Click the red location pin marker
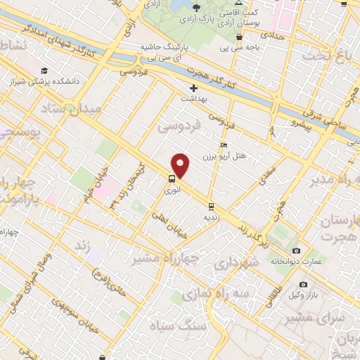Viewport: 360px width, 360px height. (181, 165)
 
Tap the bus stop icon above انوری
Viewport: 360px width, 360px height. (172, 179)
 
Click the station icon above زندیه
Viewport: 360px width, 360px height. (211, 206)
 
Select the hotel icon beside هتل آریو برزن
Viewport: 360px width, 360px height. (224, 145)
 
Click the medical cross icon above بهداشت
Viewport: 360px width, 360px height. (194, 89)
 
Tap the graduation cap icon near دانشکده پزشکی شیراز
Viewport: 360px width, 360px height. (44, 70)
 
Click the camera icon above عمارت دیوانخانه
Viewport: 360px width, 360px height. (295, 251)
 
